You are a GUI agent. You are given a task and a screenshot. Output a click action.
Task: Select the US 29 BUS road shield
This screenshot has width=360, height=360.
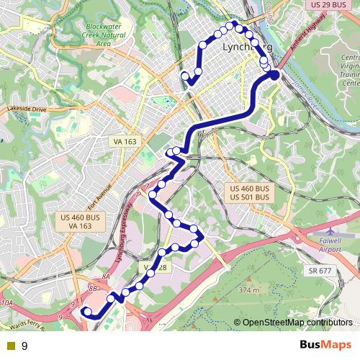pyautogui.click(x=335, y=5)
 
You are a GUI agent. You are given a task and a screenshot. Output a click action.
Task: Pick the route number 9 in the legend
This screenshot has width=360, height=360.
pyautogui.click(x=24, y=346)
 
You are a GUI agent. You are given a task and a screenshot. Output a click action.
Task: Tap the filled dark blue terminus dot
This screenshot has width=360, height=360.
pyautogui.click(x=274, y=75)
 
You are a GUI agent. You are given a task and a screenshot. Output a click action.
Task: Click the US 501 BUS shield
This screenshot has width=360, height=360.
pyautogui.click(x=250, y=197)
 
